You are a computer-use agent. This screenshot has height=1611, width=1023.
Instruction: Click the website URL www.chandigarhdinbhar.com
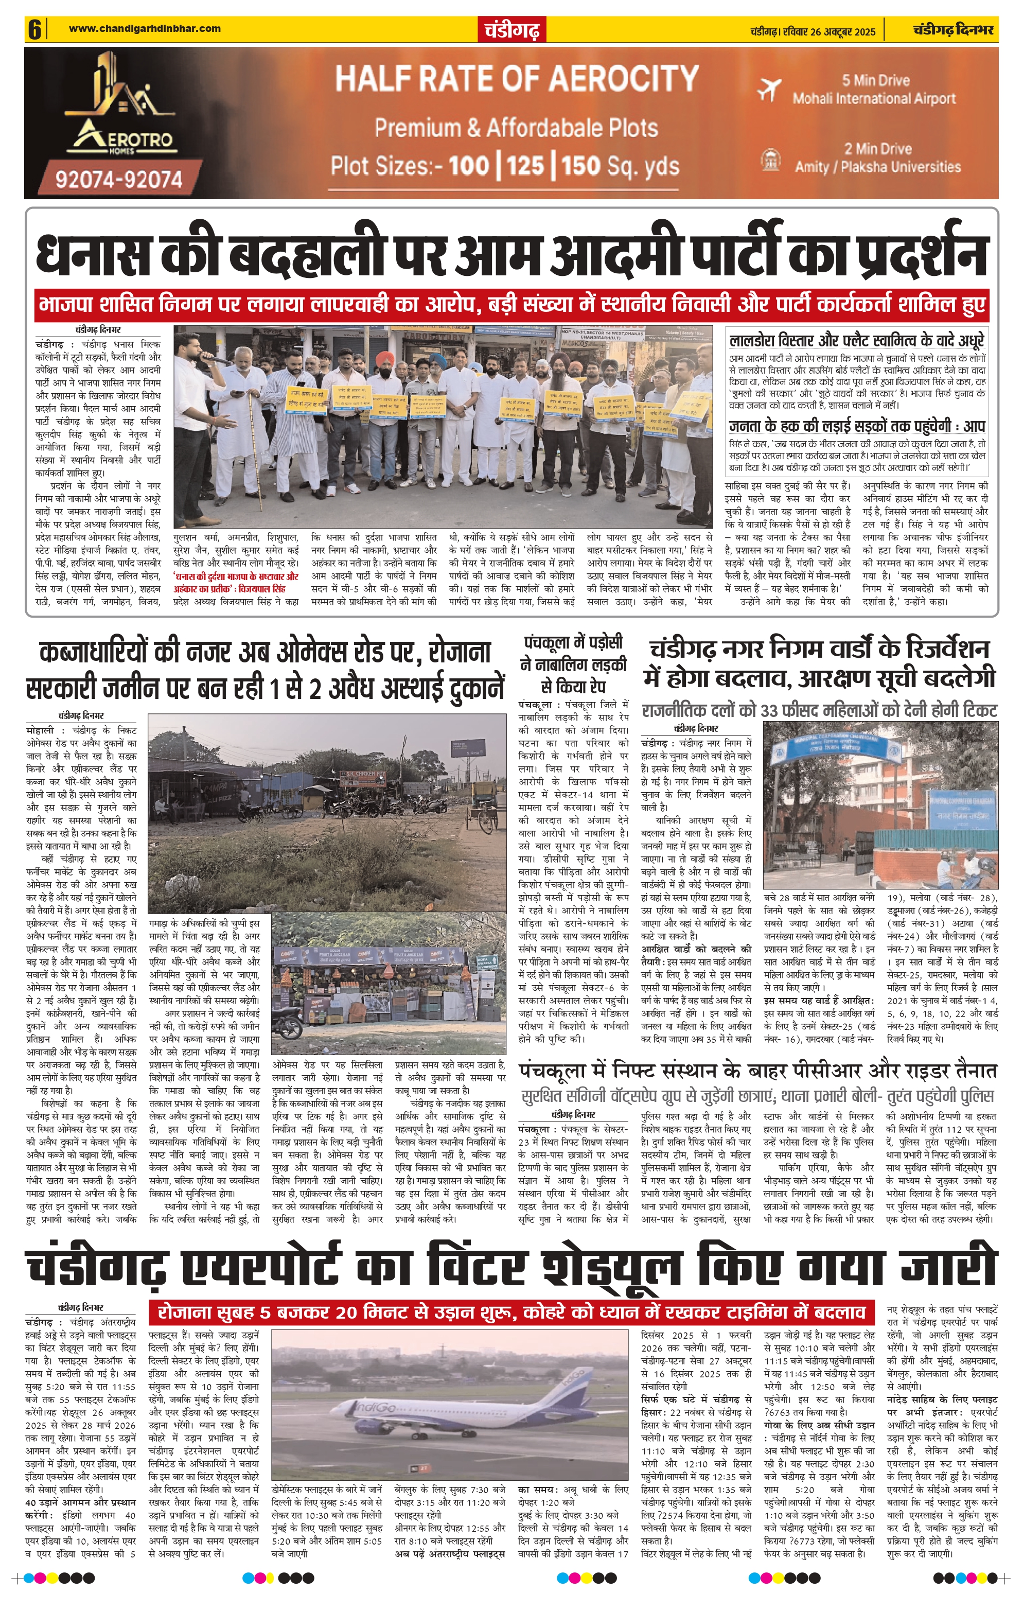(145, 28)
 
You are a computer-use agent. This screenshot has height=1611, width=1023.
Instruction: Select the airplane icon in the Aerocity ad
(769, 89)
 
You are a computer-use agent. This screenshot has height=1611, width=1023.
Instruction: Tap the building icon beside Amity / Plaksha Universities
(769, 159)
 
